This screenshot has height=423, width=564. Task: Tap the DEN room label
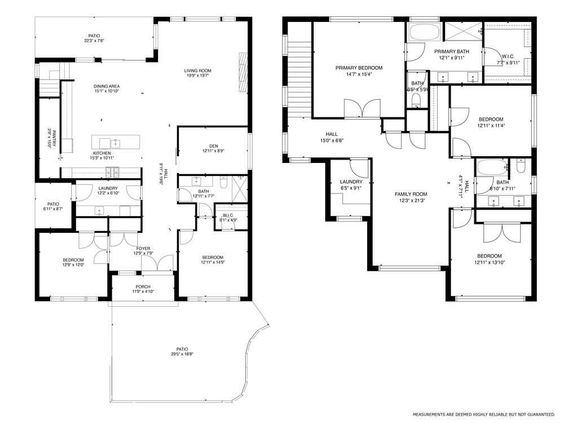coord(213,145)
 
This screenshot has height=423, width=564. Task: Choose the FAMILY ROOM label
coord(410,193)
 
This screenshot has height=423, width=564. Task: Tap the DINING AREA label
coord(107,86)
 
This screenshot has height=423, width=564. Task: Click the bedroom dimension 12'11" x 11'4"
coord(491,125)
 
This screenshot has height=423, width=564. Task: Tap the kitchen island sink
coord(116,142)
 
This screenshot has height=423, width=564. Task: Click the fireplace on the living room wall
coord(244,72)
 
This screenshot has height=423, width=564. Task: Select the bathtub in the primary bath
coord(424,32)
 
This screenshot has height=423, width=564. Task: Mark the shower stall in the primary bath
coord(462,31)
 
